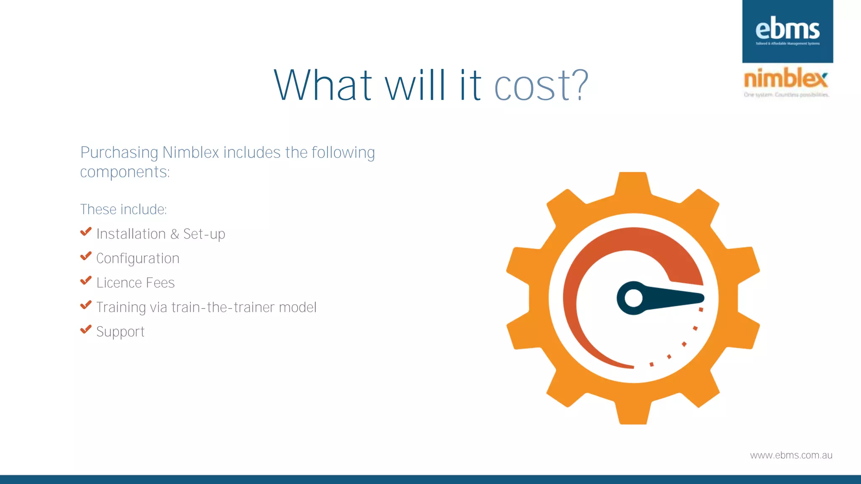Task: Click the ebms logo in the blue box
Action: click(x=787, y=30)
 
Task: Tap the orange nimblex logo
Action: click(x=785, y=79)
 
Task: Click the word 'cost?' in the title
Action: click(x=541, y=86)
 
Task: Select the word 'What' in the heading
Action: click(x=323, y=86)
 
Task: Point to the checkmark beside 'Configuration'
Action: click(x=86, y=256)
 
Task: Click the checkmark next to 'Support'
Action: click(x=86, y=329)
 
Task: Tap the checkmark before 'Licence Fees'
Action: click(x=86, y=281)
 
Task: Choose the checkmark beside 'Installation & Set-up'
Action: click(x=86, y=232)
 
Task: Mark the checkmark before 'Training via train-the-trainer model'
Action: click(x=86, y=305)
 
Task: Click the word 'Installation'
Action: click(x=131, y=234)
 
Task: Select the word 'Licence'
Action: click(x=119, y=283)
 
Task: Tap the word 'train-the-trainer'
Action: click(x=223, y=307)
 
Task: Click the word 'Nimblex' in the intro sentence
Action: click(x=190, y=153)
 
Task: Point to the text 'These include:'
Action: click(x=123, y=209)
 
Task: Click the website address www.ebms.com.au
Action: click(x=791, y=455)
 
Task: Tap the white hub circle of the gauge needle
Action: click(x=633, y=298)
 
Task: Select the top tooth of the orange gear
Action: click(x=633, y=183)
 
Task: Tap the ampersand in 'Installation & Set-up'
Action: click(x=174, y=234)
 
